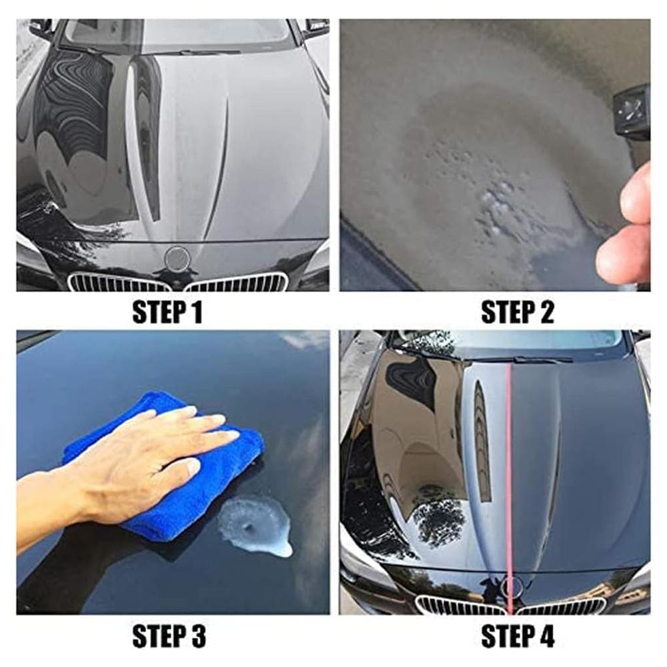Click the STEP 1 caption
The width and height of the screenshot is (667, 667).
(167, 312)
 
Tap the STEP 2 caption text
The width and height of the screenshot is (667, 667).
(516, 312)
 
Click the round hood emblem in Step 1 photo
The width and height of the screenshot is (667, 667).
(177, 259)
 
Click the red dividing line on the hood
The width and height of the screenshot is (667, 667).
(510, 466)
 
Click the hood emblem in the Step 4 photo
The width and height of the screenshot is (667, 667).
(512, 586)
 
